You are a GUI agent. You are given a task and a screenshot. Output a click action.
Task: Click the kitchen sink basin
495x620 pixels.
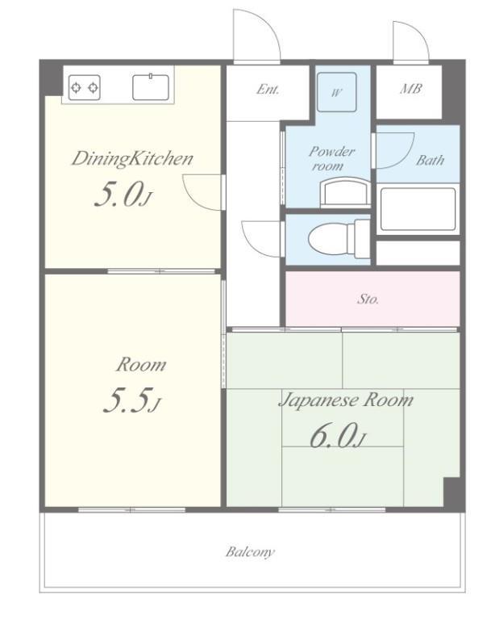[151, 87]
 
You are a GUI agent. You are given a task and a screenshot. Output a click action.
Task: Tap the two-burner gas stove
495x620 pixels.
[84, 87]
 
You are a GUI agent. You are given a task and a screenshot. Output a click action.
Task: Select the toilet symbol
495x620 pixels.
[339, 239]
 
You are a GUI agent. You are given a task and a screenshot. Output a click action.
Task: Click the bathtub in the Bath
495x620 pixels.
[418, 209]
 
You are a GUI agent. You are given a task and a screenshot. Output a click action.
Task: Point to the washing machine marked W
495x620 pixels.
[337, 92]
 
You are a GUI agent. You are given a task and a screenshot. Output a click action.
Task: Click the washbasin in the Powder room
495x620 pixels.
[345, 193]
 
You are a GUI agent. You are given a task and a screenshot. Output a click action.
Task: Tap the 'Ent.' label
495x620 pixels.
[268, 90]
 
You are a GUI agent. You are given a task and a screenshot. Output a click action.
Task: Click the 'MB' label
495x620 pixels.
[410, 89]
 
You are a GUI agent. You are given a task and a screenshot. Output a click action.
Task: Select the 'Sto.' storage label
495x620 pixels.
[368, 299]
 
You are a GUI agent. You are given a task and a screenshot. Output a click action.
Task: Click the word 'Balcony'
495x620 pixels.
[250, 552]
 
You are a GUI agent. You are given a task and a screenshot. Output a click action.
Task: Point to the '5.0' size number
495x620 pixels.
[119, 195]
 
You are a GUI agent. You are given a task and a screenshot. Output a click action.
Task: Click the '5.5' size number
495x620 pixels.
[128, 400]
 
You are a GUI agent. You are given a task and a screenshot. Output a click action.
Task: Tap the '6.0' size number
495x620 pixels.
[331, 436]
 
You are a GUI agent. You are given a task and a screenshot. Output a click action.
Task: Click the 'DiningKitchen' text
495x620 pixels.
[132, 159]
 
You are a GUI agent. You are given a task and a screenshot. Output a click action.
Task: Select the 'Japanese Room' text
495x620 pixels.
[346, 400]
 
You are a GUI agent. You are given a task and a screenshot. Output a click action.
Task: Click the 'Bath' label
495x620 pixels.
[430, 160]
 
